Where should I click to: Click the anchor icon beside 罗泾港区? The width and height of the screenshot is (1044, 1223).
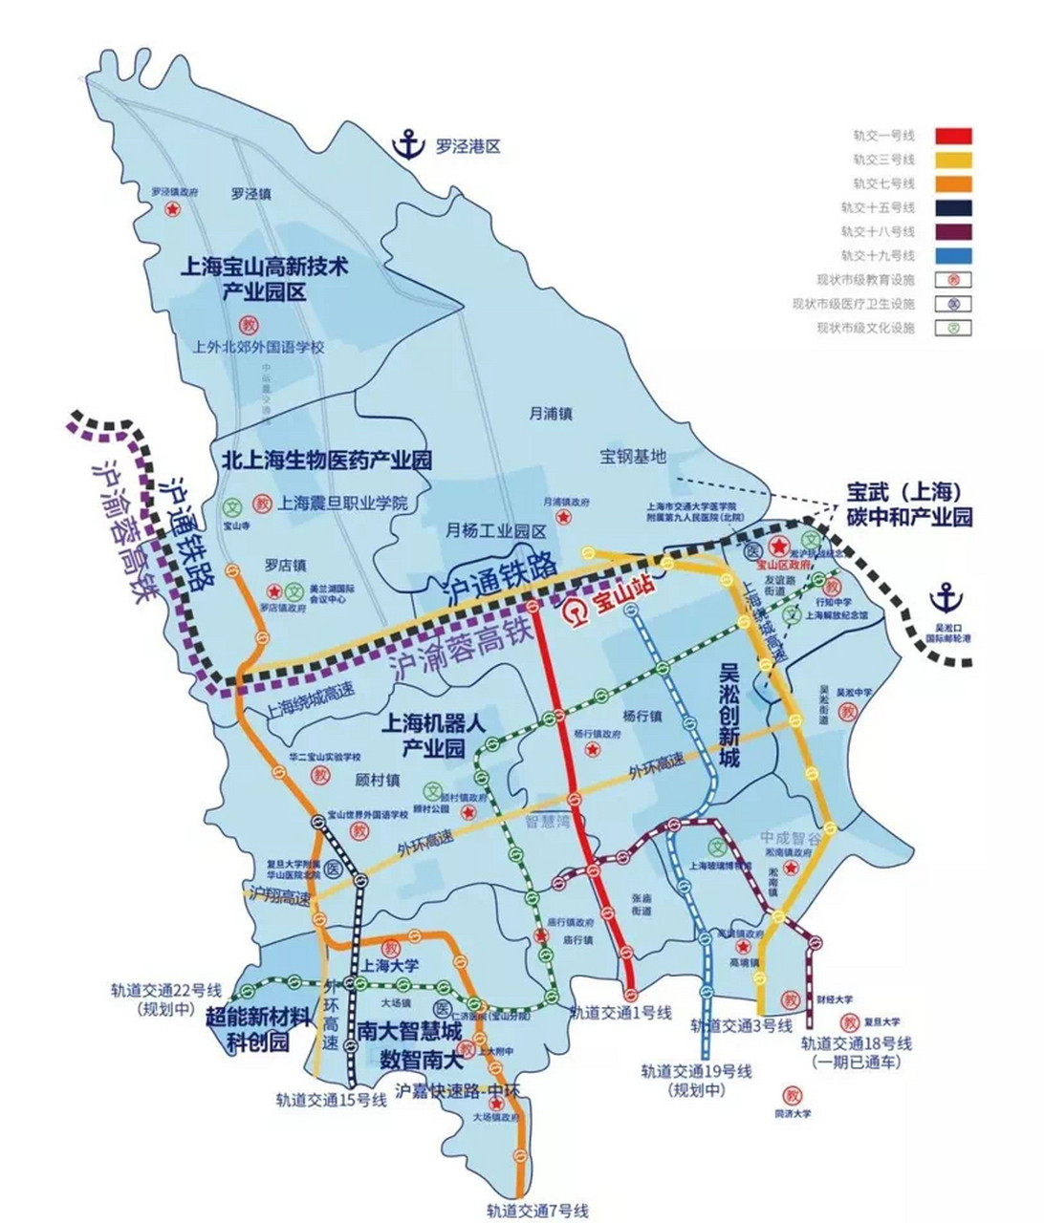pos(410,145)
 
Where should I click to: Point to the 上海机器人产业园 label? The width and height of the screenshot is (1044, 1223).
pos(434,735)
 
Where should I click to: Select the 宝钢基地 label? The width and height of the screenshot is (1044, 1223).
pos(632,456)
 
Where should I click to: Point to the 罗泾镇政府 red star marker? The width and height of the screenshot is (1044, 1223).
pos(173,209)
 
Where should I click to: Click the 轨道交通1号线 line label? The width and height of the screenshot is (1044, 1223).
pos(621,1013)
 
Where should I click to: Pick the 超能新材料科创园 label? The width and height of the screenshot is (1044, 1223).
pos(260,1028)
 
